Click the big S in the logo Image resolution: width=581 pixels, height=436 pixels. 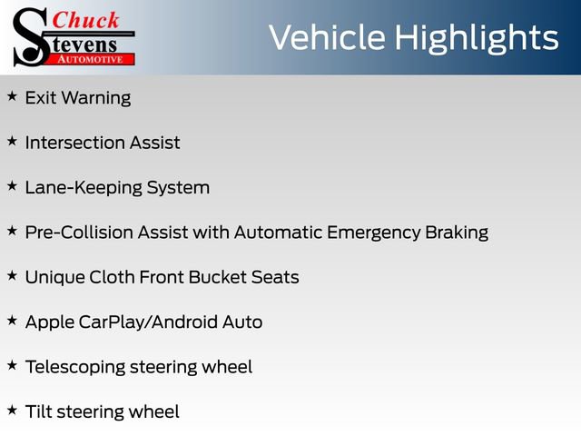pyautogui.click(x=30, y=36)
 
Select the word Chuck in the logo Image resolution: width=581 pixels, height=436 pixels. pyautogui.click(x=84, y=20)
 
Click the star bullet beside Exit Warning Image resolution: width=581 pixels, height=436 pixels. pyautogui.click(x=12, y=95)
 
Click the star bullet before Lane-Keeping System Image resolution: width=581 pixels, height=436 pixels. pyautogui.click(x=12, y=185)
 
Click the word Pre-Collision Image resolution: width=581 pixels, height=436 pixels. pyautogui.click(x=80, y=233)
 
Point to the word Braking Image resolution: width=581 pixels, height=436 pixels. pyautogui.click(x=457, y=233)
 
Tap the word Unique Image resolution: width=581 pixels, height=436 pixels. pyautogui.click(x=54, y=277)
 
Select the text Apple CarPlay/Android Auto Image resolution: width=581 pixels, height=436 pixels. pyautogui.click(x=143, y=322)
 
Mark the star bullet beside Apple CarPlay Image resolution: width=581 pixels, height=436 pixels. pyautogui.click(x=12, y=320)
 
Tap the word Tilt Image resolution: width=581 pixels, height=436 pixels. pyautogui.click(x=39, y=411)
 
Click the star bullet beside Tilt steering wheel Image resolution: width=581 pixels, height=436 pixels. pyautogui.click(x=12, y=410)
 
